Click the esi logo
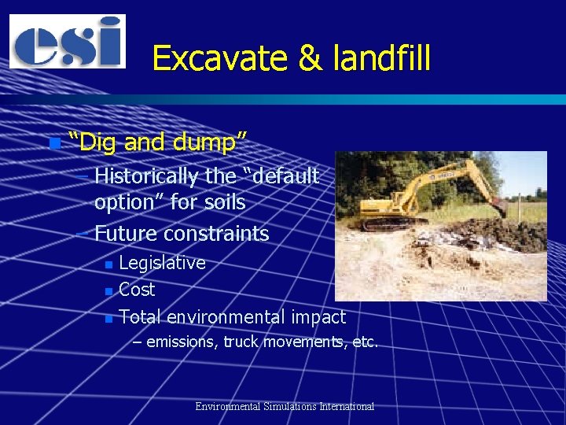[67, 41]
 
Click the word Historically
[146, 176]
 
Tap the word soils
[224, 202]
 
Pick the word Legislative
[162, 263]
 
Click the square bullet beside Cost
[108, 291]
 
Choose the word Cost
[137, 290]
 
